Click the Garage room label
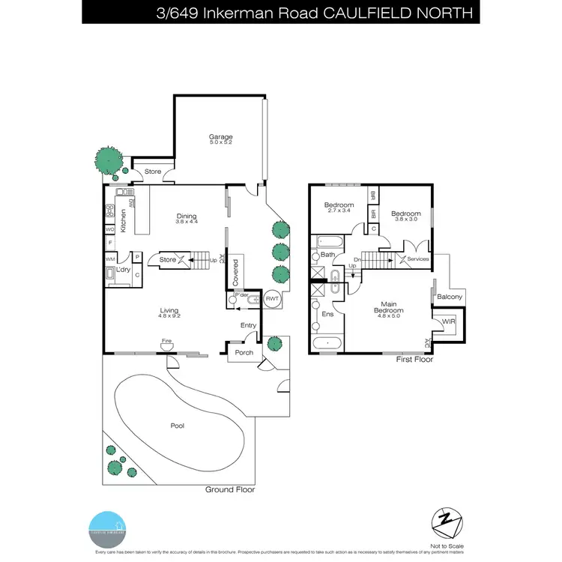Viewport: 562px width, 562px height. click(220, 137)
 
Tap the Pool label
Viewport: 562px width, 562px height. click(178, 426)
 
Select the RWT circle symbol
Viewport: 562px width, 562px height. click(271, 297)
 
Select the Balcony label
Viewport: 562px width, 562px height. click(450, 297)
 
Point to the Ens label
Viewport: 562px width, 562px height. click(327, 315)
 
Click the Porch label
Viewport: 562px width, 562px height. click(244, 352)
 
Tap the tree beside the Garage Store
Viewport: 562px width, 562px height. click(109, 160)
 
